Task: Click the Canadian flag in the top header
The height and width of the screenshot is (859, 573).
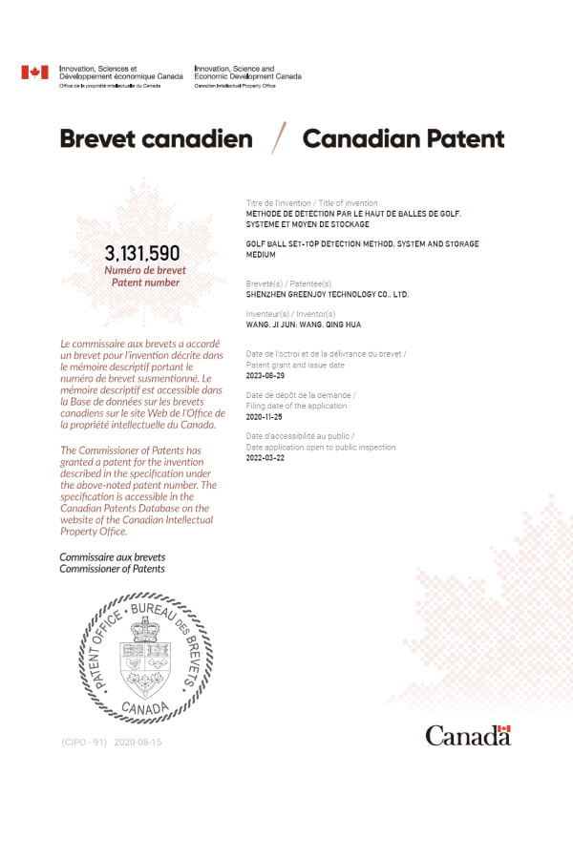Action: pyautogui.click(x=34, y=73)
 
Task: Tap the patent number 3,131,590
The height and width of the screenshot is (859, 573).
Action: pyautogui.click(x=142, y=253)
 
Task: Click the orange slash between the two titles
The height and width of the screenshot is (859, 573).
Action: pyautogui.click(x=279, y=138)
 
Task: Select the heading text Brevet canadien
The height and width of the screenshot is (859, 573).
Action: pyautogui.click(x=156, y=139)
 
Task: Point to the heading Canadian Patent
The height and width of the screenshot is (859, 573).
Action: pyautogui.click(x=403, y=139)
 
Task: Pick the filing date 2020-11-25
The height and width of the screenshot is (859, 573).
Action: pyautogui.click(x=265, y=417)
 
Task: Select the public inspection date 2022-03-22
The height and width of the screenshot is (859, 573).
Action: pyautogui.click(x=265, y=458)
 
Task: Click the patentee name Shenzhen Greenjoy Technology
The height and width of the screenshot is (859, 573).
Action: pyautogui.click(x=327, y=295)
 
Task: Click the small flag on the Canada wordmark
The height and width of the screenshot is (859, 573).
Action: pyautogui.click(x=504, y=730)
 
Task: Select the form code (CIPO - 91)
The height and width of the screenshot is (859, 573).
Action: pyautogui.click(x=83, y=742)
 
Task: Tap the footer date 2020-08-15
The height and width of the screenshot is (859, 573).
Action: pyautogui.click(x=138, y=742)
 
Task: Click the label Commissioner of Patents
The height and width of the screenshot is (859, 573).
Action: pyautogui.click(x=112, y=569)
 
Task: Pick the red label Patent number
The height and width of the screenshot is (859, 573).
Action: pyautogui.click(x=144, y=283)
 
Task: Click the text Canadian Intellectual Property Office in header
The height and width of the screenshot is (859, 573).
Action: pyautogui.click(x=235, y=86)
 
